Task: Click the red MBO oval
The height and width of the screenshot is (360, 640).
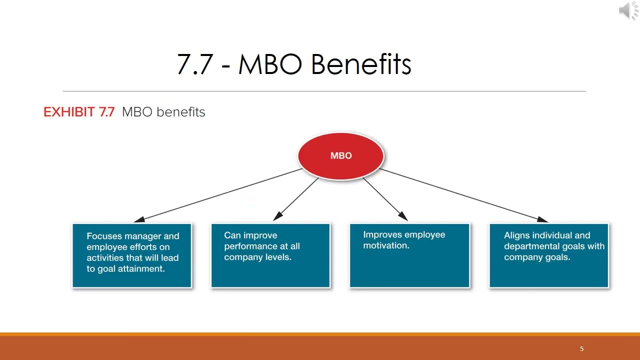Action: (x=341, y=156)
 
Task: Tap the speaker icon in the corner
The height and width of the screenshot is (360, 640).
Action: (x=628, y=10)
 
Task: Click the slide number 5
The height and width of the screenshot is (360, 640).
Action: (x=581, y=348)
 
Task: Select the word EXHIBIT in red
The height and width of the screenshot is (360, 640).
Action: (x=69, y=112)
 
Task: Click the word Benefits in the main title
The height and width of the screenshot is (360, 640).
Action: (x=361, y=64)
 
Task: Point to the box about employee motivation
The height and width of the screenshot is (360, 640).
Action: (x=409, y=255)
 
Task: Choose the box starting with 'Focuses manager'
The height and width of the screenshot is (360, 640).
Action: (x=131, y=255)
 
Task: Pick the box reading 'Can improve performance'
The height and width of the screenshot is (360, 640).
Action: (x=270, y=255)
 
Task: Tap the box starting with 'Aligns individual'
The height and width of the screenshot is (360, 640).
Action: (x=549, y=255)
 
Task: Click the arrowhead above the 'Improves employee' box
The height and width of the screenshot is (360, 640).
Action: (x=403, y=216)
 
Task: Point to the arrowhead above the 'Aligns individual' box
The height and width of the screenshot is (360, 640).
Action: (x=542, y=219)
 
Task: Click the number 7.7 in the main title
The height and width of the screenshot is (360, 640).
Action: (x=195, y=64)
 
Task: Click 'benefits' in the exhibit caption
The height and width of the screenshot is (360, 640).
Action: (x=181, y=112)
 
